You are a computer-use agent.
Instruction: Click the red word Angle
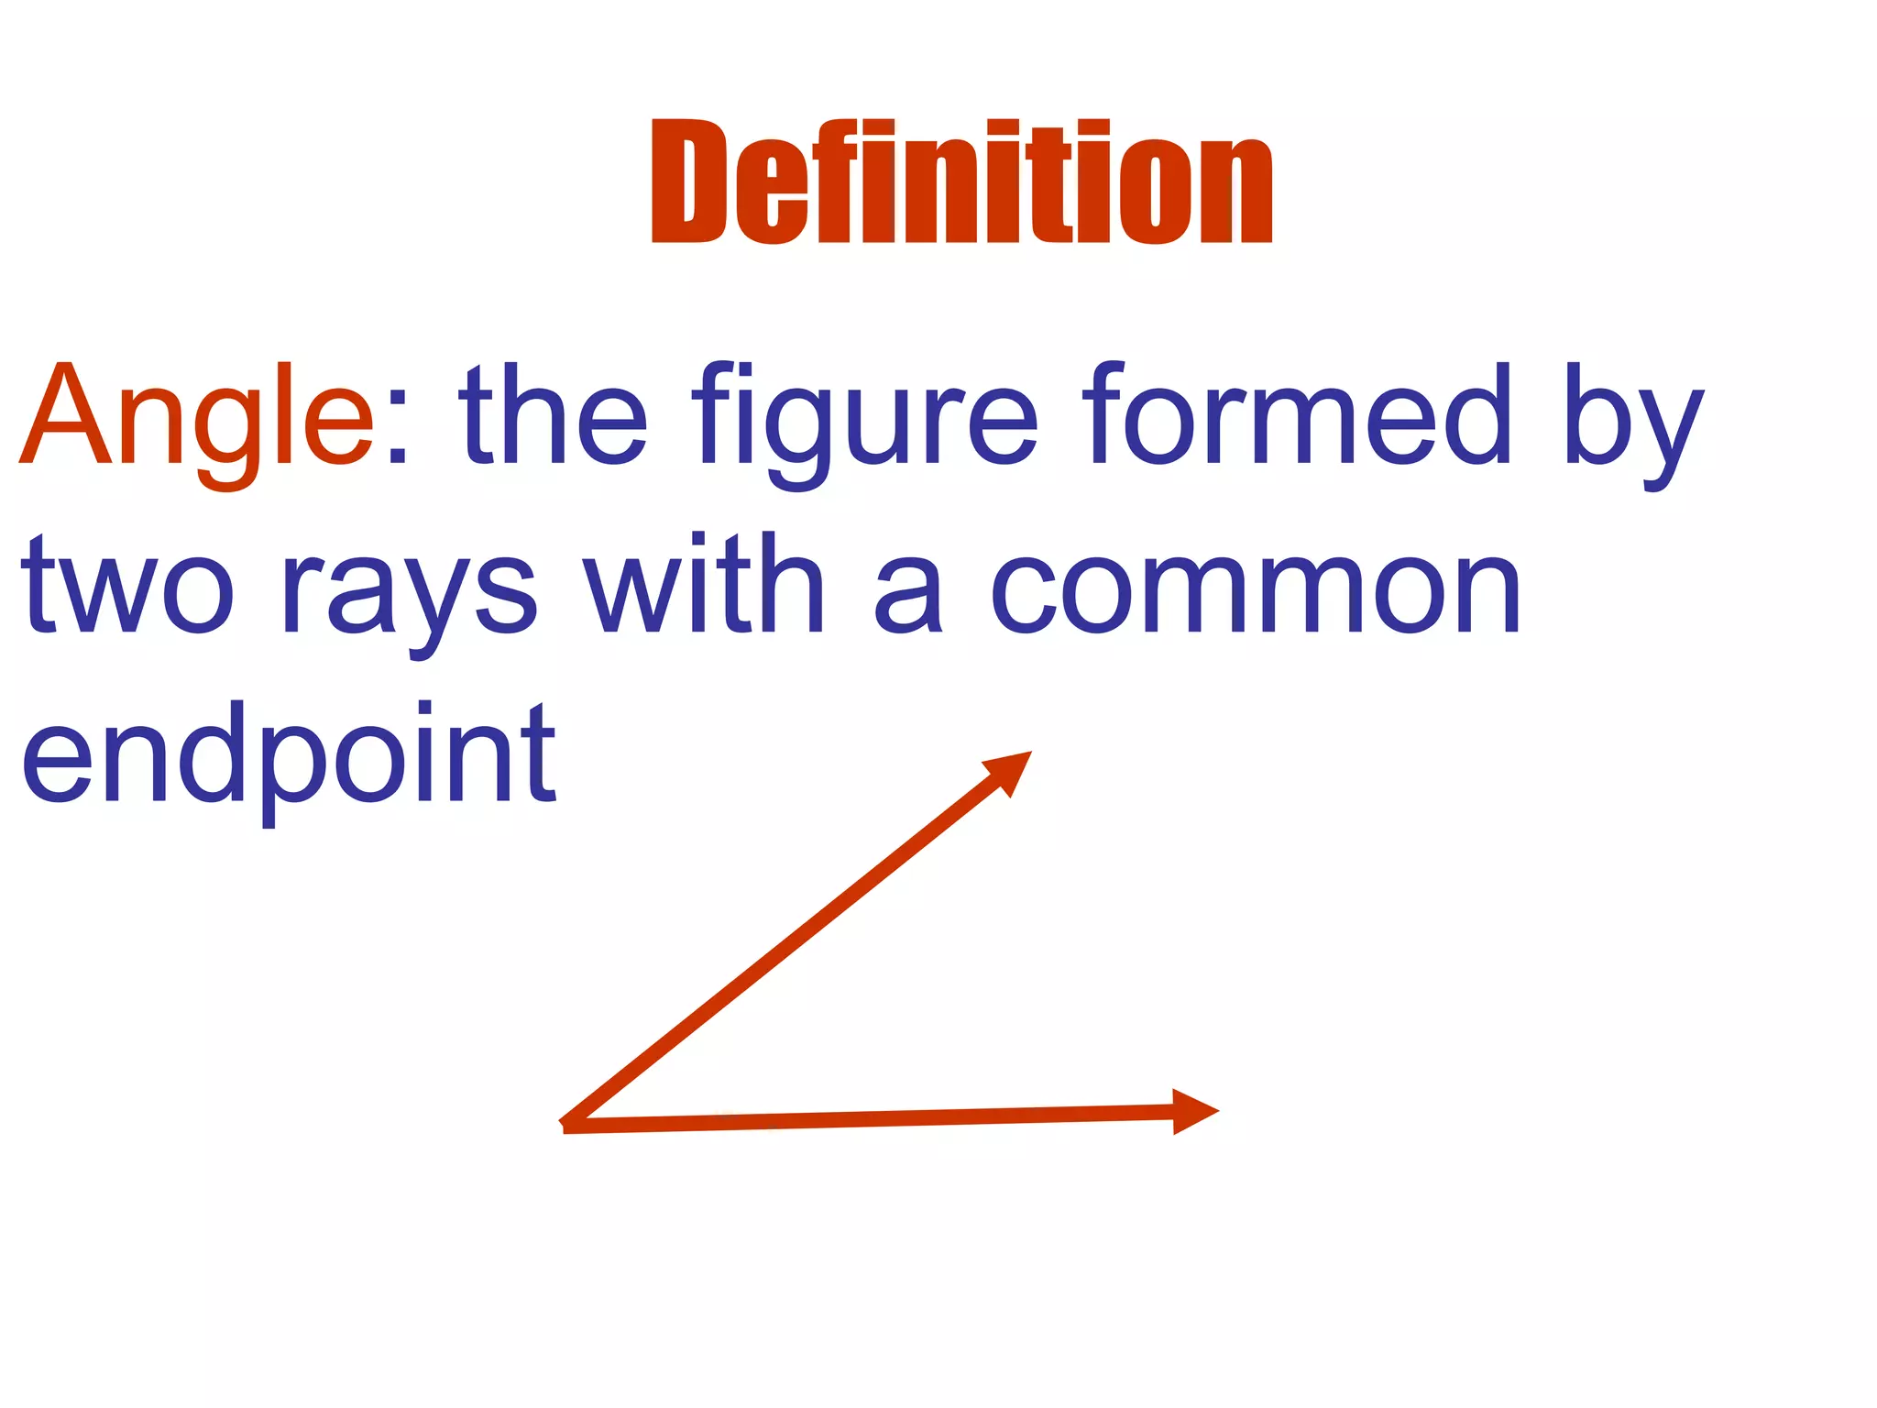click(x=197, y=418)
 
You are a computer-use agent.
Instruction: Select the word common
click(x=1257, y=591)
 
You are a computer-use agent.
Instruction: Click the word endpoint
click(x=288, y=756)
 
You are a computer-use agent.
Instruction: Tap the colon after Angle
click(x=397, y=431)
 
